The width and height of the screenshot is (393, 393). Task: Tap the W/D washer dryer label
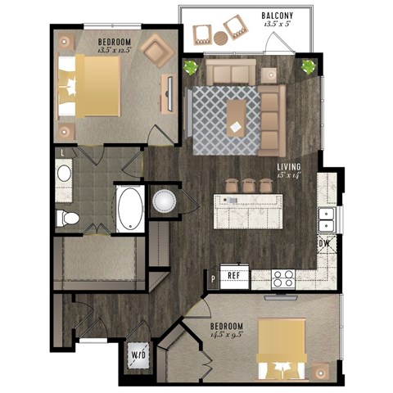[x=138, y=355]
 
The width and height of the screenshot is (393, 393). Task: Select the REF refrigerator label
[x=234, y=275]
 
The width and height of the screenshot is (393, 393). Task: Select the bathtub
[x=129, y=209]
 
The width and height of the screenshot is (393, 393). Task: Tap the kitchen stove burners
[x=283, y=277]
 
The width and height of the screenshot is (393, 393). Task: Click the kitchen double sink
[x=326, y=219]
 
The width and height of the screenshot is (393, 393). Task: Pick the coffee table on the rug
[x=236, y=119]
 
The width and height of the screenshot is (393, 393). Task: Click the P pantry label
[x=212, y=278]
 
